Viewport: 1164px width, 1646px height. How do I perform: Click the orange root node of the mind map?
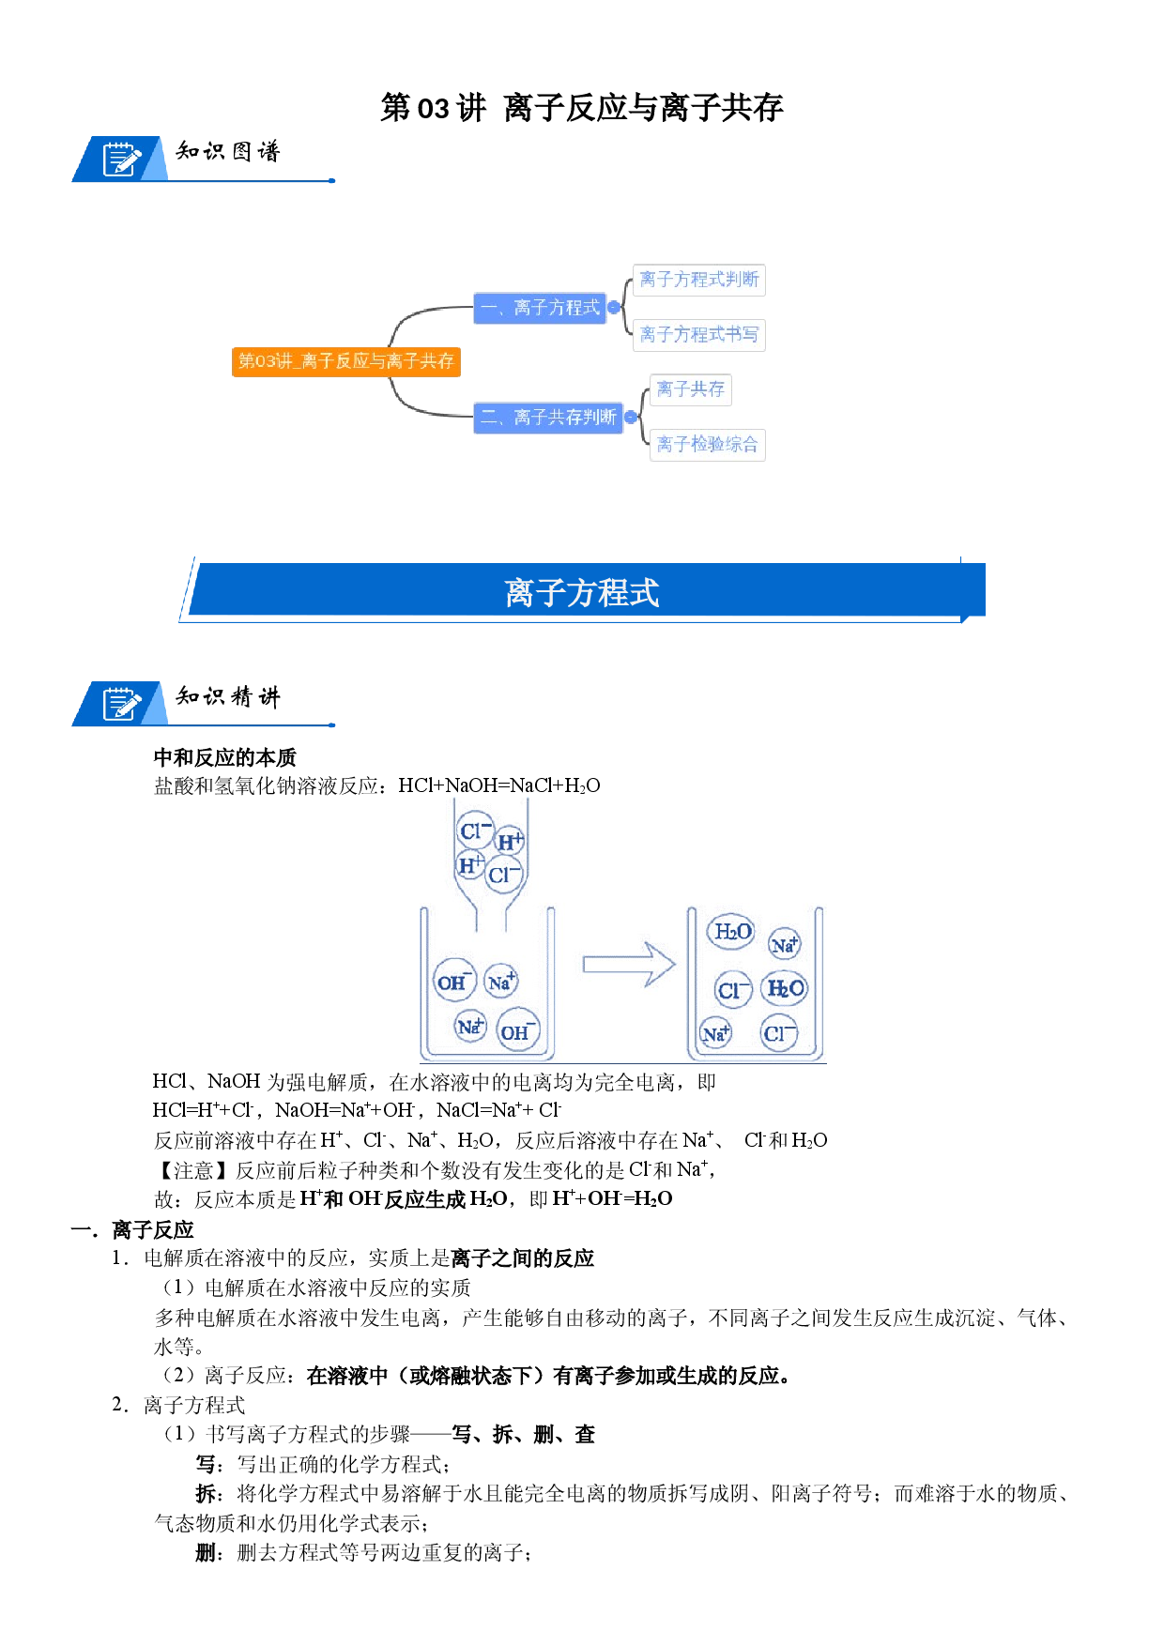(x=346, y=361)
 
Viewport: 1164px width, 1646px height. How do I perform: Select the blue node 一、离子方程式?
(x=540, y=308)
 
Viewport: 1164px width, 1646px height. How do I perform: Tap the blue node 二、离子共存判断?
(x=548, y=418)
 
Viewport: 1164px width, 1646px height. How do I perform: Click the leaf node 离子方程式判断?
(x=699, y=280)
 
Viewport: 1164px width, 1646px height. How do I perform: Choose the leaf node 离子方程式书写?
(x=699, y=335)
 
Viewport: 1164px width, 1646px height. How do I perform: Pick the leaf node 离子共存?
(x=691, y=389)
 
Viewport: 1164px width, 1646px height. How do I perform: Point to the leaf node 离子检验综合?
(x=708, y=445)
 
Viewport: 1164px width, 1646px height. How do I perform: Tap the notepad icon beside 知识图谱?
(x=121, y=160)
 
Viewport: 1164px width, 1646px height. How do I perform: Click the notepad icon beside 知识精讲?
(x=121, y=704)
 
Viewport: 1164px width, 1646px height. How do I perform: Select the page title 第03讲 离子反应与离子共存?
(x=582, y=108)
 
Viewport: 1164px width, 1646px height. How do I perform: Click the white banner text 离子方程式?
(x=582, y=593)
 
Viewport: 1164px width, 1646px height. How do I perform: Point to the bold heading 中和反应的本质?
(x=225, y=757)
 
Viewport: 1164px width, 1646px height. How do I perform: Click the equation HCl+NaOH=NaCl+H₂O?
(x=499, y=785)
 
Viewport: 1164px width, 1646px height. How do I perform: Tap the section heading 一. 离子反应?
(x=132, y=1229)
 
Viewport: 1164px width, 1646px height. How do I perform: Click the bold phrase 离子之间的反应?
(x=523, y=1258)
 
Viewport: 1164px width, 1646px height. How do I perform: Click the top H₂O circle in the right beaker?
(x=732, y=932)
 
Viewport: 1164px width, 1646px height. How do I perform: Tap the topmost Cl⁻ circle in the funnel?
(x=476, y=831)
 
